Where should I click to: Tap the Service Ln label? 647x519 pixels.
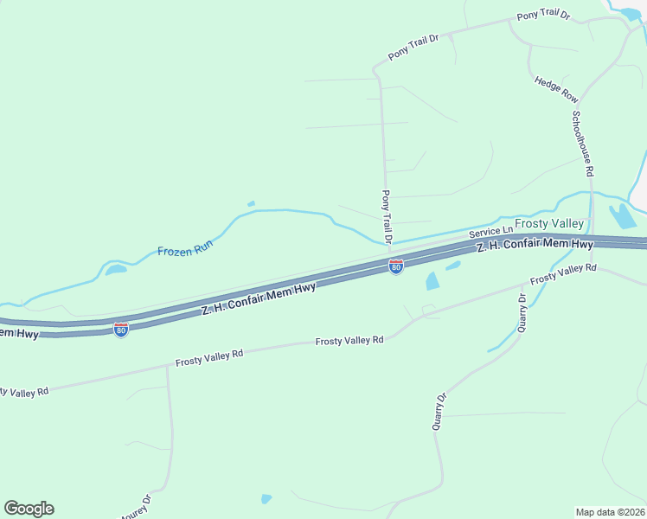click(490, 233)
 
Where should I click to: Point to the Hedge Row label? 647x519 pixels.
click(555, 90)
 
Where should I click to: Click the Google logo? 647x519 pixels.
click(29, 509)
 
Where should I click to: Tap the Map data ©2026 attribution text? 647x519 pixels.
click(610, 512)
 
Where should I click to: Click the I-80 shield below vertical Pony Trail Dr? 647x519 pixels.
click(395, 266)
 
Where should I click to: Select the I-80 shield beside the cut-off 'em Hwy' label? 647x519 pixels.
click(121, 330)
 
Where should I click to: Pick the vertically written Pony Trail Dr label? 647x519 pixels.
click(387, 217)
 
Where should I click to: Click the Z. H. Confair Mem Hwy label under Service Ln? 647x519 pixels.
click(535, 246)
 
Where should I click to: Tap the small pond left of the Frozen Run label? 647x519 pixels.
click(115, 269)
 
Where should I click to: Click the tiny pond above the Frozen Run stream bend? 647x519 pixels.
click(251, 204)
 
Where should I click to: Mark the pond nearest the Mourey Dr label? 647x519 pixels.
click(266, 498)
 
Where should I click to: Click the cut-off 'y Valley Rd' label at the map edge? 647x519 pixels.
click(24, 392)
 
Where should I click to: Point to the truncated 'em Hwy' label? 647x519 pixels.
click(19, 333)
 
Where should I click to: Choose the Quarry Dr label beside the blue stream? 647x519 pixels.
click(522, 312)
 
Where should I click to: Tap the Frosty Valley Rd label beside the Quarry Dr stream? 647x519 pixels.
click(563, 273)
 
